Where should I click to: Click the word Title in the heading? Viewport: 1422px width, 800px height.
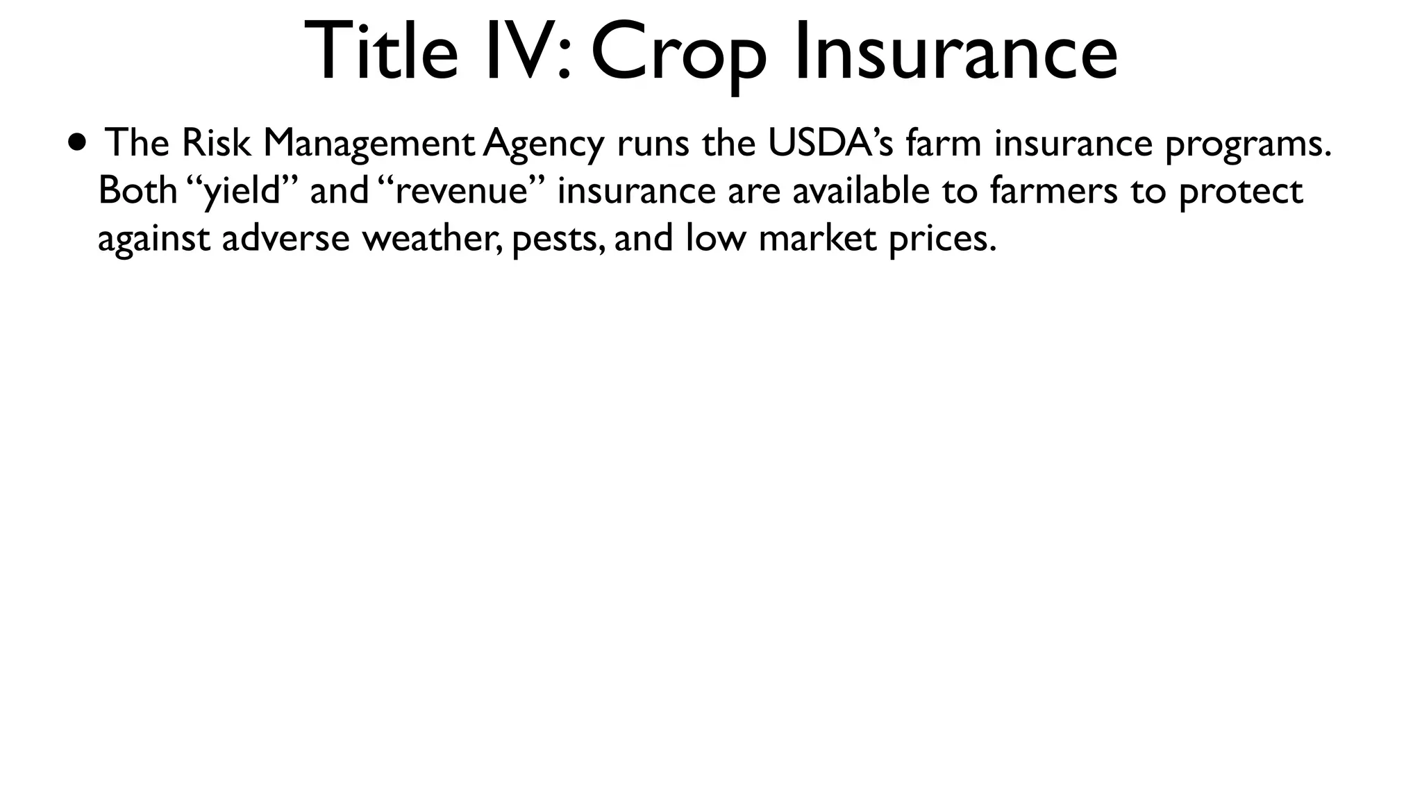click(x=380, y=51)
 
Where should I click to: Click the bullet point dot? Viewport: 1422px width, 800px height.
click(x=78, y=142)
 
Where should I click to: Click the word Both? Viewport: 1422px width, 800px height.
click(x=137, y=190)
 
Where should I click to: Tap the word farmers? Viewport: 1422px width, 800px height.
click(x=1054, y=190)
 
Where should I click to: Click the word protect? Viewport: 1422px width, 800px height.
click(x=1241, y=192)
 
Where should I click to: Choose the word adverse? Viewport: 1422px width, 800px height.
click(x=285, y=238)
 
